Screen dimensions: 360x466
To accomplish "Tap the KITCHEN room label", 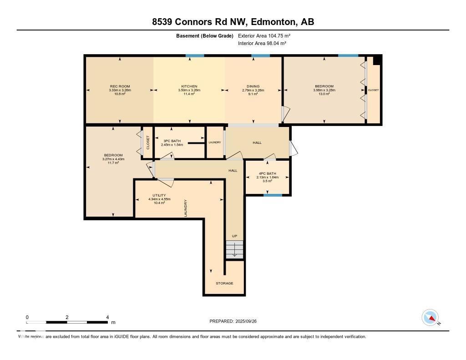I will point(189,86).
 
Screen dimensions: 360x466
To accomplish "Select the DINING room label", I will point(253,86).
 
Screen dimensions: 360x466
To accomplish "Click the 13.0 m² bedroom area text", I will point(324,94).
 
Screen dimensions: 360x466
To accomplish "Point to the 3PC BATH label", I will point(172,141).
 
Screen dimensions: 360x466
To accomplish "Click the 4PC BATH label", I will point(267,173).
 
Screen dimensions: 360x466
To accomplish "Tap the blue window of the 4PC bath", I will point(273,195).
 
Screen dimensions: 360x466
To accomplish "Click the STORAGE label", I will point(224,283).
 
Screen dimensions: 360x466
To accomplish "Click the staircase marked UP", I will point(234,249).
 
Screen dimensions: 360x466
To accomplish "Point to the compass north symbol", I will point(430,318).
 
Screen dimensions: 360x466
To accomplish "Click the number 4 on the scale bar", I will point(107,317).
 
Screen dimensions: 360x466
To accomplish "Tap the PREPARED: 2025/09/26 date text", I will point(236,321).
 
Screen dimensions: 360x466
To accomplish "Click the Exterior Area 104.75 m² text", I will point(264,35).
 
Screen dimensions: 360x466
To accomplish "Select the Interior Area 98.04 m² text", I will point(262,43).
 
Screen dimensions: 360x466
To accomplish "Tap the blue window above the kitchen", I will point(195,56).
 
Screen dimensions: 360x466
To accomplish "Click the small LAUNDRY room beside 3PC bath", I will point(215,142).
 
